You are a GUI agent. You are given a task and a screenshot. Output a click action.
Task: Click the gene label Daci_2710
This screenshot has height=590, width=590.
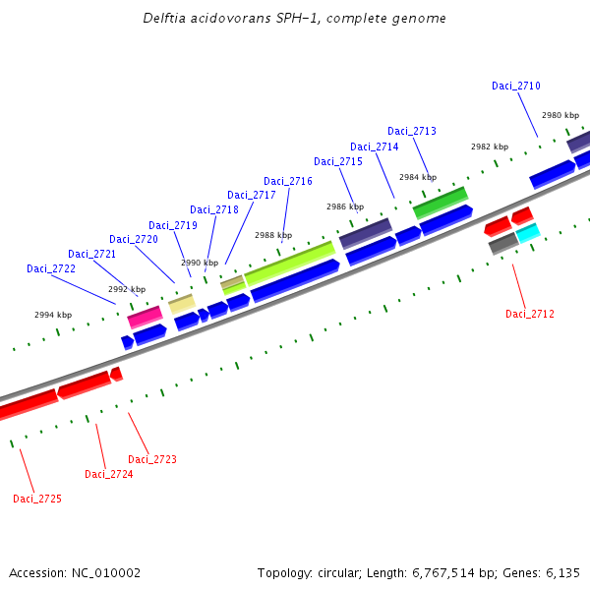point(516,87)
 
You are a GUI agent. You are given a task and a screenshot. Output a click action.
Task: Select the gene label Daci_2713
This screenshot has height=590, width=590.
point(412,132)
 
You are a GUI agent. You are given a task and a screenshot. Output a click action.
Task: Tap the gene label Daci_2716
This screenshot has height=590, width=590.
point(288,182)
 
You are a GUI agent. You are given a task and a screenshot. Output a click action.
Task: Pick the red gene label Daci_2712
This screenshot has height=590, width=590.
point(530,315)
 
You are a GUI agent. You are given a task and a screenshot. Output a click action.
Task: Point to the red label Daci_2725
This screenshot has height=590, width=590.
point(37,500)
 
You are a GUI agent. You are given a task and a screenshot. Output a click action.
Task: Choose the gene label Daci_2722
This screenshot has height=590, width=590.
point(51,269)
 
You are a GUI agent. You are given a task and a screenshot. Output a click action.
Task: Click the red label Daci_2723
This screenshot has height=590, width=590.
point(152,460)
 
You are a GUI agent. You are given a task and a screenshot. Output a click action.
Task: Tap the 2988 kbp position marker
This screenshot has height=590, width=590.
point(273,236)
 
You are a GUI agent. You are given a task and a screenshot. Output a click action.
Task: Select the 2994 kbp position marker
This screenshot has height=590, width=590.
point(53,316)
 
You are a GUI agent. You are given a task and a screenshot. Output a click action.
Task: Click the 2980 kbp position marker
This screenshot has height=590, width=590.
point(560,116)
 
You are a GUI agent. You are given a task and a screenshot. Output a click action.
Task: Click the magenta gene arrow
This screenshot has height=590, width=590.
point(145,317)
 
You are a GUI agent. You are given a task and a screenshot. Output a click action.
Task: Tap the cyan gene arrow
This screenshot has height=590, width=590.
point(528,233)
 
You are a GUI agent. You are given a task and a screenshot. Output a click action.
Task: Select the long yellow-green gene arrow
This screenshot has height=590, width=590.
point(289,265)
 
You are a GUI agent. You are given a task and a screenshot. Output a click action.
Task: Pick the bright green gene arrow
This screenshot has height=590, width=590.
point(440,203)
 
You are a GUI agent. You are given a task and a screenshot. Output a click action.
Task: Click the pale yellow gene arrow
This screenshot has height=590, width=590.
point(182,304)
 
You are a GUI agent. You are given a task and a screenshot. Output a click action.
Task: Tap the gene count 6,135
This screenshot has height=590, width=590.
point(561,573)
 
